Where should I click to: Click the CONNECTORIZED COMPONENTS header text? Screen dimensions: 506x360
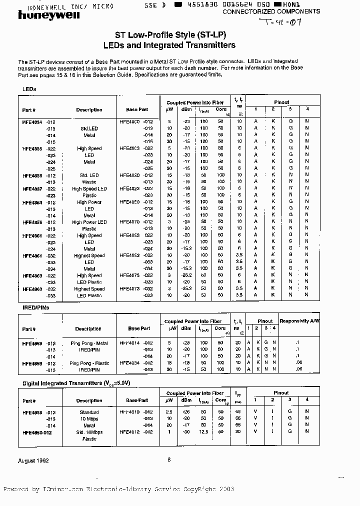point(271,11)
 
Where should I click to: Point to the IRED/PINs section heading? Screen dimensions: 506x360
point(35,308)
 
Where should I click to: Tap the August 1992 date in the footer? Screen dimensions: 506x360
point(33,460)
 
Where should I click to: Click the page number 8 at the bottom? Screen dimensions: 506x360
point(169,459)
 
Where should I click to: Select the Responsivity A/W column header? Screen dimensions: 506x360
point(299,321)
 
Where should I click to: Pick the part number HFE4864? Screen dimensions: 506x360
point(32,202)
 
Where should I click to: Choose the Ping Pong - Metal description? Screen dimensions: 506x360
point(88,343)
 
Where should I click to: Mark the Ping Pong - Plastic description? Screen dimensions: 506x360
point(89,363)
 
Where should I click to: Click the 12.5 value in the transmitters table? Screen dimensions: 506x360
point(203,431)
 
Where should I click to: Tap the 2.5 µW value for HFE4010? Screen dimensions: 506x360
point(169,411)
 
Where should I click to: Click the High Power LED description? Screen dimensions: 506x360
point(89,222)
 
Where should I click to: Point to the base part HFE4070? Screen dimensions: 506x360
point(130,222)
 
